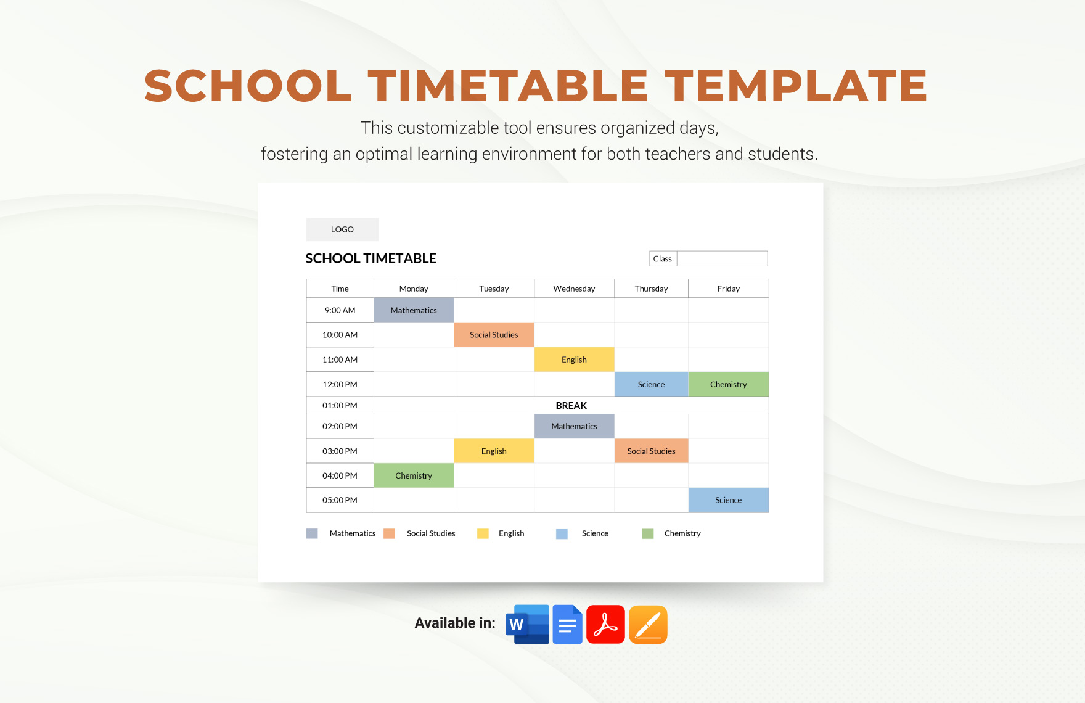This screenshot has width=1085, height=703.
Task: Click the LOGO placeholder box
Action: click(x=342, y=229)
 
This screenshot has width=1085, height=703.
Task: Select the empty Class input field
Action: click(x=722, y=259)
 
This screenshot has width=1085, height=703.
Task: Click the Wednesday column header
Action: click(x=574, y=289)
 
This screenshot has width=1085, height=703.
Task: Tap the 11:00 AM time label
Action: click(x=340, y=360)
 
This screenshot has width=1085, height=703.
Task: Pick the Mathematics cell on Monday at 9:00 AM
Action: click(x=414, y=310)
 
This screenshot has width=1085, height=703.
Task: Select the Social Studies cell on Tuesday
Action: click(x=494, y=335)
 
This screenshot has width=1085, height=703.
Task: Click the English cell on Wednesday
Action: click(x=574, y=360)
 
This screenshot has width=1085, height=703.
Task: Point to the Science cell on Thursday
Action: click(x=651, y=384)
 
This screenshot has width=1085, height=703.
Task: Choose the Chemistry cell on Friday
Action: click(x=728, y=384)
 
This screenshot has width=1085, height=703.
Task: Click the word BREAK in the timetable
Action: click(x=571, y=405)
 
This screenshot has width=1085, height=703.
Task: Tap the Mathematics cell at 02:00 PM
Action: click(x=574, y=426)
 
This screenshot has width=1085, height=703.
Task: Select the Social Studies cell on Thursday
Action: click(x=651, y=451)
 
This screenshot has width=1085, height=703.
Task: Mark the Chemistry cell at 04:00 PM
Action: click(x=414, y=475)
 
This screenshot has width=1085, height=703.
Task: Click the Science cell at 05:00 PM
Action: click(x=728, y=500)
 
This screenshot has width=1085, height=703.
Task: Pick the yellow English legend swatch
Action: click(x=483, y=533)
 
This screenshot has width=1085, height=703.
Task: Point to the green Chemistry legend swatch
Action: click(x=647, y=533)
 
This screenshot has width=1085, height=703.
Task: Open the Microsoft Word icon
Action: click(x=527, y=624)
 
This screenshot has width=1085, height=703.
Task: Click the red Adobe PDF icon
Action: click(x=605, y=624)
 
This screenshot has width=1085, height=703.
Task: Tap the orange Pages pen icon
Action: click(x=648, y=624)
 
